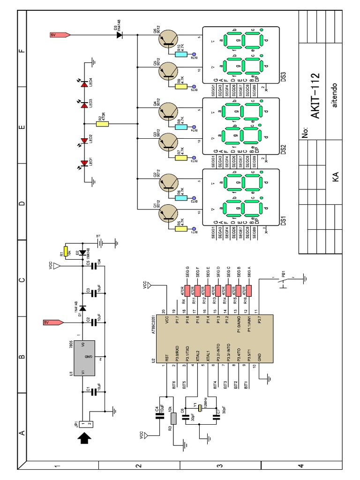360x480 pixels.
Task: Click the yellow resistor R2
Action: (x=102, y=124)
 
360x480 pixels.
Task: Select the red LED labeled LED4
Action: (x=85, y=82)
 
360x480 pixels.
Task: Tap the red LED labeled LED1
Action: (x=85, y=163)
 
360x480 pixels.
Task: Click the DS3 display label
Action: (x=283, y=76)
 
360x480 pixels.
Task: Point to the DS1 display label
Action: (x=283, y=220)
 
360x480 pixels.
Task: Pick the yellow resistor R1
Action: (x=66, y=252)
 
